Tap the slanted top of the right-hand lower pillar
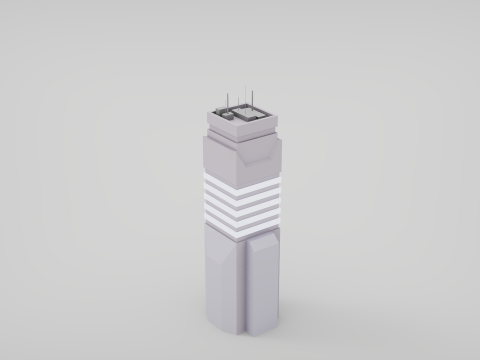264,239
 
